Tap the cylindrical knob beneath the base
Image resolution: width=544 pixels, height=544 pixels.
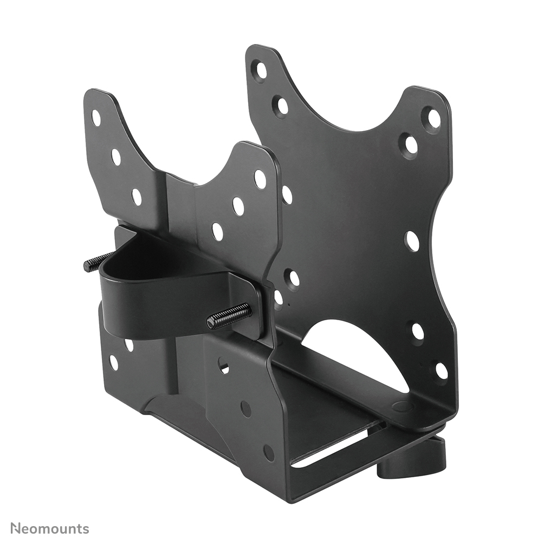coord(412,461)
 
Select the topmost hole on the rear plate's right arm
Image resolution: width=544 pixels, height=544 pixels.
coord(434,118)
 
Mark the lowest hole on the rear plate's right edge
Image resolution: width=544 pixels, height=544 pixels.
coord(442,371)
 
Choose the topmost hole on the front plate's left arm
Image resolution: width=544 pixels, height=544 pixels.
coord(96,118)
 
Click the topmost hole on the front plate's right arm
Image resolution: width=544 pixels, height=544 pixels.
coord(260,179)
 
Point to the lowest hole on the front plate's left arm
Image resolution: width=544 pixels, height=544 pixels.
coord(137,197)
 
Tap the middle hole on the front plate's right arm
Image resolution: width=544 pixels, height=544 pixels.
coord(238,206)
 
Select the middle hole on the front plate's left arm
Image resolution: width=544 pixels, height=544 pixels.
coord(116,157)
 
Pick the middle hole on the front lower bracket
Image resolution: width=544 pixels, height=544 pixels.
coord(246,409)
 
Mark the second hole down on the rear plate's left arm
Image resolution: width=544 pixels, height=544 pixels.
coord(282,105)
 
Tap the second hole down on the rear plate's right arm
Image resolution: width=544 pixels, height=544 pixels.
coord(411,145)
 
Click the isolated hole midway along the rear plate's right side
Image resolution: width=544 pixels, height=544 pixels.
coord(412,241)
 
